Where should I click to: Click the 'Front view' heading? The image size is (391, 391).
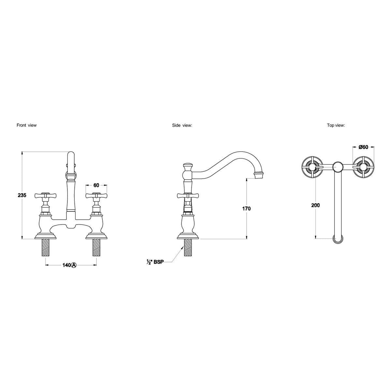[27, 125]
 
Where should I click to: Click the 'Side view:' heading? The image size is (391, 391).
[182, 125]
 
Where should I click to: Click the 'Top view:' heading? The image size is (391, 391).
[336, 125]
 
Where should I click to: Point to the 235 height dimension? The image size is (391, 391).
[22, 195]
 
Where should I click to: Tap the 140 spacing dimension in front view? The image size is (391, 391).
[66, 265]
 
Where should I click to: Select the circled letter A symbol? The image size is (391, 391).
[73, 265]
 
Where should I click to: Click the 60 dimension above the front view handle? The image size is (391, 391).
[96, 185]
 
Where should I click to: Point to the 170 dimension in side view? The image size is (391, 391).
[246, 209]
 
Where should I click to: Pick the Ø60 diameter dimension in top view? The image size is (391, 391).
[363, 147]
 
